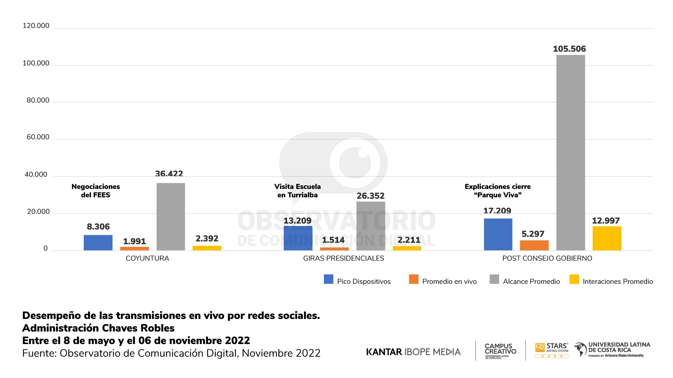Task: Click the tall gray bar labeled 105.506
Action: [x=570, y=153]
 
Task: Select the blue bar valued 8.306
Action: [x=98, y=243]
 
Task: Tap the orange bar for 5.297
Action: [x=534, y=245]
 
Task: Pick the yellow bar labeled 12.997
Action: [x=607, y=238]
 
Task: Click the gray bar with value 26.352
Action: [x=371, y=226]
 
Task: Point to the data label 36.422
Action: [x=169, y=174]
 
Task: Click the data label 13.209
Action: [x=297, y=220]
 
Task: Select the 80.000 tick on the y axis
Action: [x=38, y=100]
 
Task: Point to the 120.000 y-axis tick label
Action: [x=36, y=26]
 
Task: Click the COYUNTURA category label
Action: [x=147, y=258]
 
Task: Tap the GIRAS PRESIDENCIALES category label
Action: [x=344, y=258]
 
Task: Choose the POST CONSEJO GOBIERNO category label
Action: [x=547, y=258]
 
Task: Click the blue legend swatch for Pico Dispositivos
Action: [x=328, y=279]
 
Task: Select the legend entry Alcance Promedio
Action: [x=531, y=281]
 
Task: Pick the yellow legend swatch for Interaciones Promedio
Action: [x=574, y=279]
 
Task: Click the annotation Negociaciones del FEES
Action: [x=95, y=191]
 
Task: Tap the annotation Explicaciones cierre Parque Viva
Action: [x=497, y=191]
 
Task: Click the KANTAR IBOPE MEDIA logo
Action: [x=413, y=352]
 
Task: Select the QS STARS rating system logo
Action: [x=552, y=350]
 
